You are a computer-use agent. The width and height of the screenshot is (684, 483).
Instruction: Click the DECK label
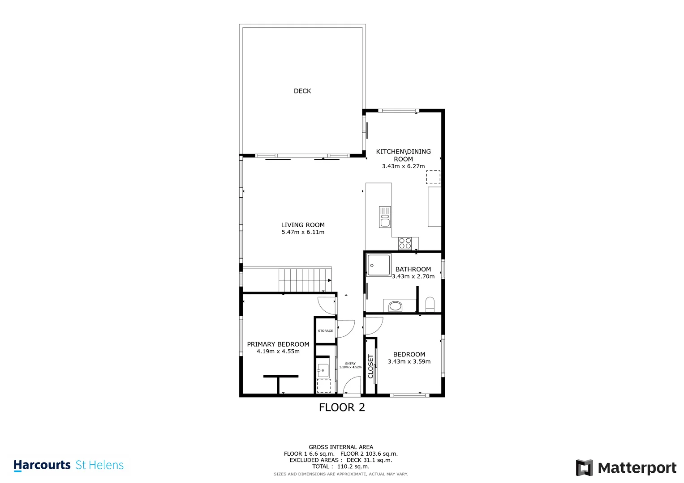(302, 91)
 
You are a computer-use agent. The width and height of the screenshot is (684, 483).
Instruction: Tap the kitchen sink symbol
(385, 217)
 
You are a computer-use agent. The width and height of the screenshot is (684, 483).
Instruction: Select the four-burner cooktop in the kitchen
(405, 244)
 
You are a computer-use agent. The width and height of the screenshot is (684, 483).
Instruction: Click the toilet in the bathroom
(430, 304)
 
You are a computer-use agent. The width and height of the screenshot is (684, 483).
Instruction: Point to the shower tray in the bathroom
(379, 265)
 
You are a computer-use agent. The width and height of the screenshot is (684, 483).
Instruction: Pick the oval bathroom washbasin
(395, 306)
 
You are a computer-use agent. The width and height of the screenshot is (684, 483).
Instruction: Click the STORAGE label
(326, 330)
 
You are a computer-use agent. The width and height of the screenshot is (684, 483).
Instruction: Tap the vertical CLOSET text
(371, 366)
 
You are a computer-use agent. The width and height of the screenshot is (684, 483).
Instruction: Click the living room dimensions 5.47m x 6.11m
(303, 232)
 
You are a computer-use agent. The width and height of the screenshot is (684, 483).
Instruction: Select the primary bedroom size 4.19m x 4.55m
(278, 351)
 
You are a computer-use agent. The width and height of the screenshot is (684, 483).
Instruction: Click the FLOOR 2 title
(342, 407)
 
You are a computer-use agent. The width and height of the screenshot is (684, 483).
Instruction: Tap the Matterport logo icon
(584, 468)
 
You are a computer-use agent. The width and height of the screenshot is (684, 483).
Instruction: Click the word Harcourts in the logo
(42, 465)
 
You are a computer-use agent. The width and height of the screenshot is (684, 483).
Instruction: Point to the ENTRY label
(350, 364)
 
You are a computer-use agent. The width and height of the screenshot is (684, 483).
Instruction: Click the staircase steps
(305, 280)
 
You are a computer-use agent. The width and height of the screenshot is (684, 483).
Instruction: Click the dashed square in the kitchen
(433, 178)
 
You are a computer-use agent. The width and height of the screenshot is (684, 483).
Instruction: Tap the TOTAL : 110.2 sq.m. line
(341, 466)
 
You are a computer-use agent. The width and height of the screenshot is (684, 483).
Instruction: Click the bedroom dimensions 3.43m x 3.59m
(409, 362)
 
